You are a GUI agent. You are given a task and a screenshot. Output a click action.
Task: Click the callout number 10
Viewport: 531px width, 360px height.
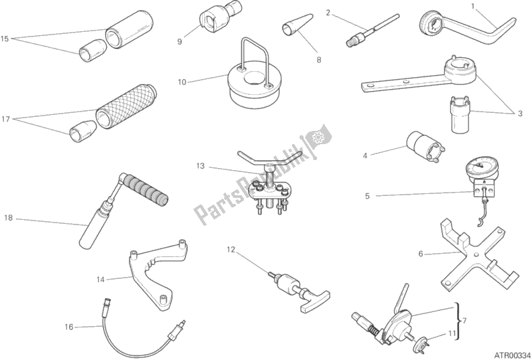click(182, 82)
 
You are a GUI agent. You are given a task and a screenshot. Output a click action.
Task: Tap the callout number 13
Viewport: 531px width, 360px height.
click(201, 166)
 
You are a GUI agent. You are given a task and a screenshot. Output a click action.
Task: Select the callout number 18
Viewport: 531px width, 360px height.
click(9, 218)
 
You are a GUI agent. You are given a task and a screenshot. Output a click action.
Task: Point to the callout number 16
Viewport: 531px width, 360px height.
click(68, 327)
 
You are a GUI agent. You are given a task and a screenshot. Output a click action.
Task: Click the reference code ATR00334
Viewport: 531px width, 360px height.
click(512, 355)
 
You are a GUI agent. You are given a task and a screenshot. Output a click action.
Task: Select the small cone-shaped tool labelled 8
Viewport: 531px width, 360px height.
click(298, 25)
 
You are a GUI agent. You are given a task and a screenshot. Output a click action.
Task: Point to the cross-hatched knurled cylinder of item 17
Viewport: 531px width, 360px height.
click(126, 106)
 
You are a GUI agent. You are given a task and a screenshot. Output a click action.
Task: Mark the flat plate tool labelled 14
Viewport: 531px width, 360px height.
click(157, 273)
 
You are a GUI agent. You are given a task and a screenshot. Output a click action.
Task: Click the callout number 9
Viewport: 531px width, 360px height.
click(179, 42)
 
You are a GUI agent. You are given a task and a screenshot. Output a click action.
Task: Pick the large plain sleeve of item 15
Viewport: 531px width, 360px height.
click(129, 29)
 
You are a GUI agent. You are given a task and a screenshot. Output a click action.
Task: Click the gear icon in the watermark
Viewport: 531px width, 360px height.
click(318, 137)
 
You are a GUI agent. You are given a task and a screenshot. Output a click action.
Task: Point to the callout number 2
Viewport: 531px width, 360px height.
click(328, 13)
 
